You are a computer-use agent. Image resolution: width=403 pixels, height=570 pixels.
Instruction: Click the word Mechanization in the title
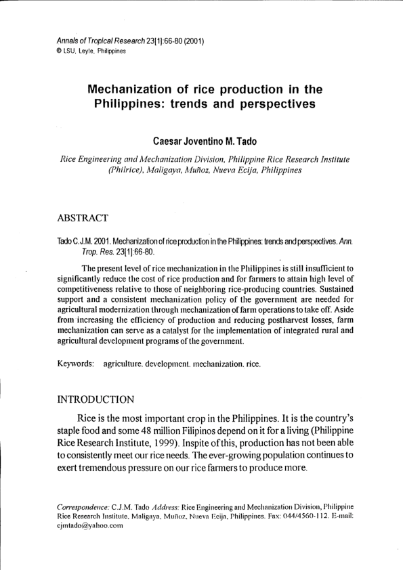coord(137,90)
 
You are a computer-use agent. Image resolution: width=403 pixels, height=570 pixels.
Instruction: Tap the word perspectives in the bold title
coord(274,105)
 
